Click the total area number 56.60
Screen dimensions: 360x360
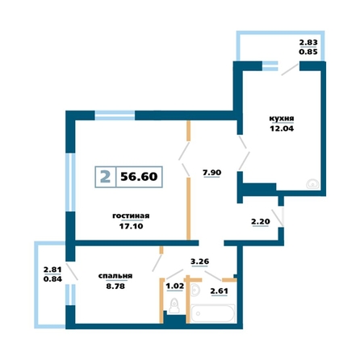139,177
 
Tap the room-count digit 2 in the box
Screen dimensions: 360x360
105,177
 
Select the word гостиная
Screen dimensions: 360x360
131,216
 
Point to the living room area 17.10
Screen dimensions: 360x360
131,226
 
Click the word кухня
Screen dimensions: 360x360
282,119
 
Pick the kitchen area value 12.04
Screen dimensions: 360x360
282,128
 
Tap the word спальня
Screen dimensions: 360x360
115,276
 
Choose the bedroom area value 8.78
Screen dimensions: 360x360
115,286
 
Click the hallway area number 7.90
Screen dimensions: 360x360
212,173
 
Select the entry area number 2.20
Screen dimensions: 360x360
261,222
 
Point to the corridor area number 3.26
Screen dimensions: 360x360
199,262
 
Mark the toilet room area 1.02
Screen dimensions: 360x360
175,286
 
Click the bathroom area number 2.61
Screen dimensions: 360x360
220,291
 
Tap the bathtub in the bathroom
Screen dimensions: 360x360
212,313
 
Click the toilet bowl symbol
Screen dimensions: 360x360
174,306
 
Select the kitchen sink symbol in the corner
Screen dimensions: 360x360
313,183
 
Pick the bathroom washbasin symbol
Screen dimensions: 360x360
195,290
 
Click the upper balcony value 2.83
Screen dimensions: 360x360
308,43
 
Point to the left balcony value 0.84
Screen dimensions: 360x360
52,279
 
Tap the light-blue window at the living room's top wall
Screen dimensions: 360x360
115,115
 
